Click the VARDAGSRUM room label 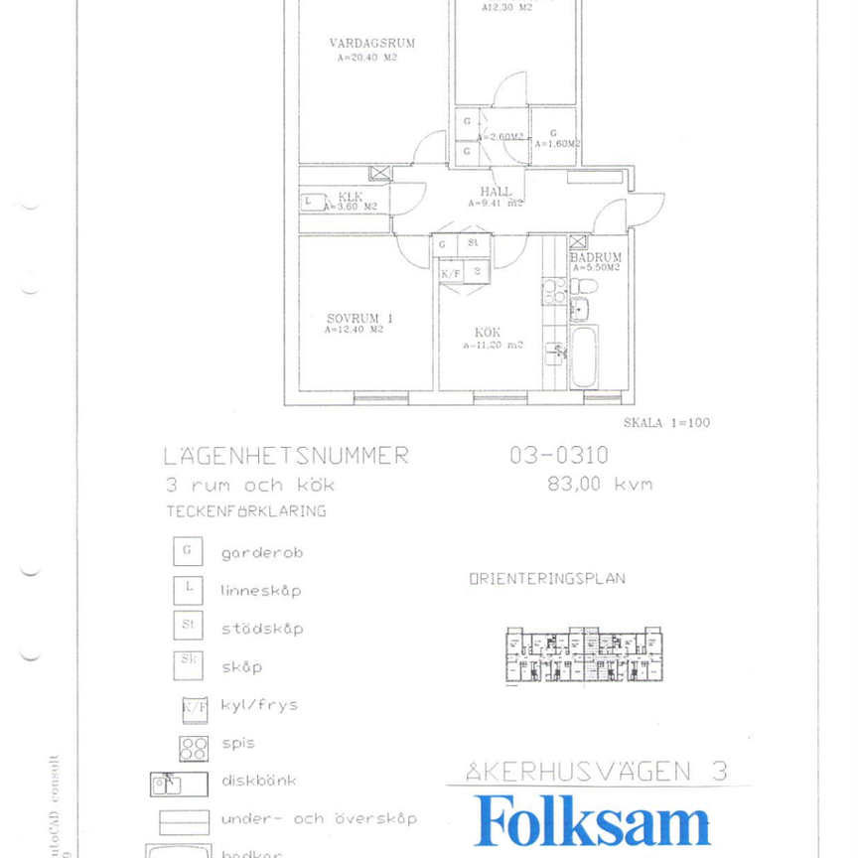coord(371,44)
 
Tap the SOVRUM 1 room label coord(359,318)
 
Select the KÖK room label coord(487,332)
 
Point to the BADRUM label coord(596,257)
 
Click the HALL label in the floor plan coord(496,192)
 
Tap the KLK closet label coord(350,197)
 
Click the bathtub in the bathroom coord(583,362)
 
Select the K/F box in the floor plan coord(450,271)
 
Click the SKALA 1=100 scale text coord(666,422)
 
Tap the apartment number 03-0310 coord(559,455)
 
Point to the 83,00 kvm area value coord(600,485)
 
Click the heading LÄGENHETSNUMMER coord(286,456)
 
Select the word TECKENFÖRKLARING coord(245,512)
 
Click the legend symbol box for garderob coord(188,550)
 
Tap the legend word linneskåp coord(260,590)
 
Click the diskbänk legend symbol coord(179,784)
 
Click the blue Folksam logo coord(593,822)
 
